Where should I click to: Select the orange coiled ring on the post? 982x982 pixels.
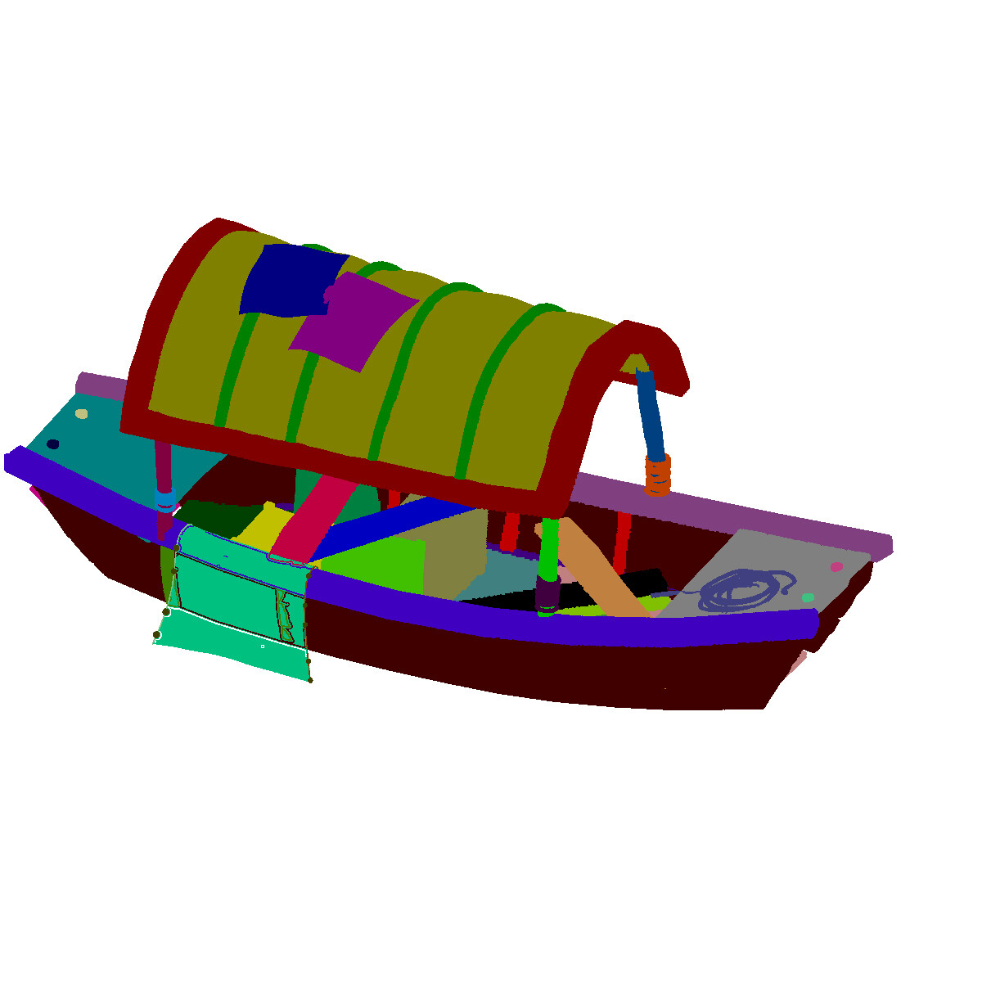point(657,475)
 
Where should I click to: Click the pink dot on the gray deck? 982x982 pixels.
point(836,566)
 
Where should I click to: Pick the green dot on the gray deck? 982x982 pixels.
point(808,597)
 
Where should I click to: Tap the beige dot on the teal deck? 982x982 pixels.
point(81,413)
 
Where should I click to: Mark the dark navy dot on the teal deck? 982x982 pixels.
point(53,444)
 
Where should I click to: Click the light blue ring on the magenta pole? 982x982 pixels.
point(165,497)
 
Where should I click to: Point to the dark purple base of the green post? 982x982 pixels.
point(547,597)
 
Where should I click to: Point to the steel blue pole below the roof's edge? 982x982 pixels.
point(651,413)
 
